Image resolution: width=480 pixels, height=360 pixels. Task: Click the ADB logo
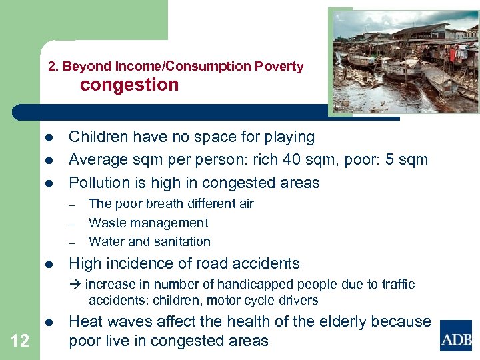coord(456,335)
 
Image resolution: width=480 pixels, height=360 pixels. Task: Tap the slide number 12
coord(20,341)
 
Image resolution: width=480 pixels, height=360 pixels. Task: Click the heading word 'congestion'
coord(129,85)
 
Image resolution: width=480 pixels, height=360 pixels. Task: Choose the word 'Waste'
coord(107,223)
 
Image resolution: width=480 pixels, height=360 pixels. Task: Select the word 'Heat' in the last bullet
coord(85,321)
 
